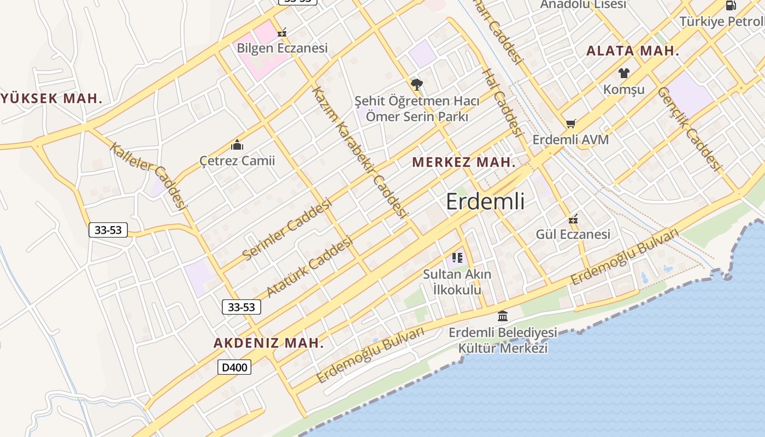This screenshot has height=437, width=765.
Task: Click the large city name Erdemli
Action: pos(485,202)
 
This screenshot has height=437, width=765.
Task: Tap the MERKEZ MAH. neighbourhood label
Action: pos(464,162)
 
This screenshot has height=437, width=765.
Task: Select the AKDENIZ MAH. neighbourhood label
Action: pos(268,343)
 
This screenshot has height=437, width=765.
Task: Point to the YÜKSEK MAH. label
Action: pos(52,99)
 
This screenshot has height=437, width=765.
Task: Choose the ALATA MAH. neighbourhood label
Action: pos(633,51)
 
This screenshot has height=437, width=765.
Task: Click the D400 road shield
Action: pos(235,367)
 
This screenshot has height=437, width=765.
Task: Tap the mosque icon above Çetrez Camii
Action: pos(237,145)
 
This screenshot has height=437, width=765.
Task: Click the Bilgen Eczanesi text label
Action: pos(282,48)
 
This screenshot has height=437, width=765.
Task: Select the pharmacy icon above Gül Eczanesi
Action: pos(573,219)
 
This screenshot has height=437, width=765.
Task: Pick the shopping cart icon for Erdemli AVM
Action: pos(570,124)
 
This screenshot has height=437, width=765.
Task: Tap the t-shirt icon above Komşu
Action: pos(624,73)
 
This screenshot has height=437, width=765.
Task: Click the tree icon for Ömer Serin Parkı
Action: pos(417,85)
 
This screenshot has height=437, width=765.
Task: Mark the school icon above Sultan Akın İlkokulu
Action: pos(457,258)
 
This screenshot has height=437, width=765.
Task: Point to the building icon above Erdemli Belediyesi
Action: pos(503,316)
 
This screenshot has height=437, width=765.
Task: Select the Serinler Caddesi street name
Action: pos(287,229)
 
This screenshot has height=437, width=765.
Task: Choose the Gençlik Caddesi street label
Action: pos(689,129)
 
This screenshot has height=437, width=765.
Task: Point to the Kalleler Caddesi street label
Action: pos(149,175)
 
